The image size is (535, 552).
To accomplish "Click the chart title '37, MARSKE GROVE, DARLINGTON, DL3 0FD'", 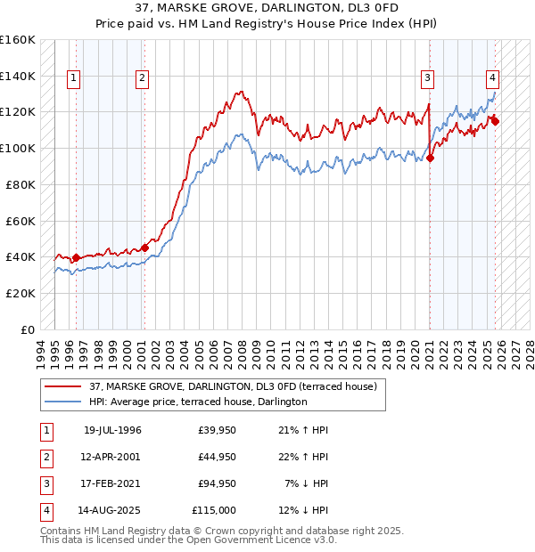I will (267, 8).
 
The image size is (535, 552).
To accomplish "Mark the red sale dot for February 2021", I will (430, 158).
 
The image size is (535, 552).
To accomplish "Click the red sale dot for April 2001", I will (144, 248).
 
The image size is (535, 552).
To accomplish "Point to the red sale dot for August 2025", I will (495, 121).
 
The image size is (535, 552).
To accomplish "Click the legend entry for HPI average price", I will (197, 402).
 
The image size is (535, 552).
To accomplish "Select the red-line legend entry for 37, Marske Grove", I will (233, 386).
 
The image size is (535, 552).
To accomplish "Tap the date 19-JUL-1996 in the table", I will (112, 430).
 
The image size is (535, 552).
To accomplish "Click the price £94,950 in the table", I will (214, 483).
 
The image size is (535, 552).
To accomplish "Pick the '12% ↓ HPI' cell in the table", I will (306, 510).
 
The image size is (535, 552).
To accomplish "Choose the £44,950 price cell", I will (214, 457).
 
